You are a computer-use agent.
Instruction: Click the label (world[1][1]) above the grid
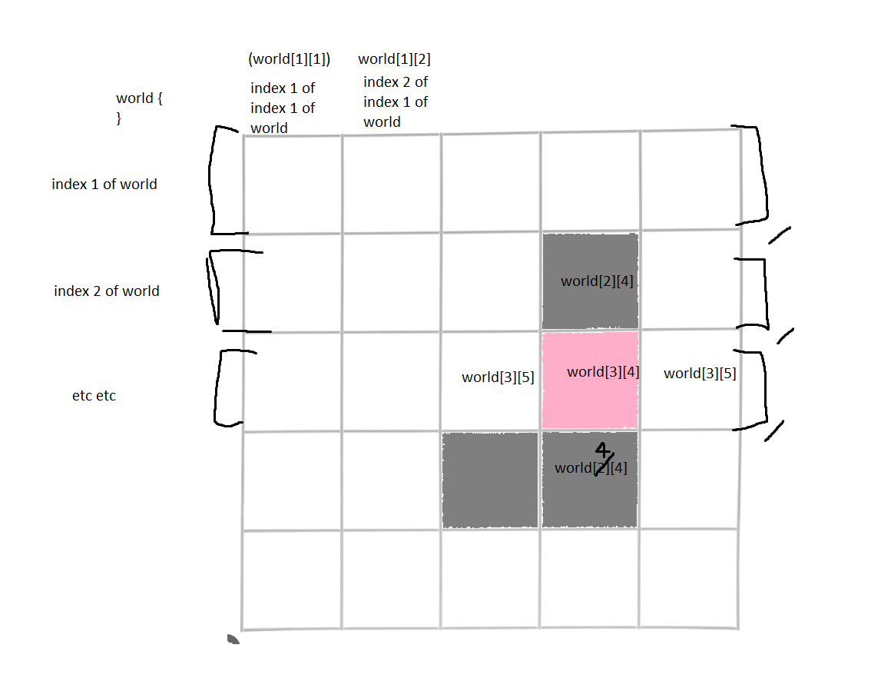click(x=289, y=60)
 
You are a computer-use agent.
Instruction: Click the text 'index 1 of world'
click(x=104, y=184)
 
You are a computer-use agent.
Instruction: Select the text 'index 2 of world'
click(x=107, y=291)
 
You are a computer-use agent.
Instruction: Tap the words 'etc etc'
click(x=94, y=397)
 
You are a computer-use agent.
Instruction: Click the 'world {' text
click(x=139, y=98)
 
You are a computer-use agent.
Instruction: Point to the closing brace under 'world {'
click(x=119, y=118)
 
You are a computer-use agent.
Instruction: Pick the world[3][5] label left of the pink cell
click(x=498, y=377)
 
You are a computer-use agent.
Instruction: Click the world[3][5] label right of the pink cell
click(x=700, y=374)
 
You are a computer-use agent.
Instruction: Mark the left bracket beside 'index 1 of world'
click(x=213, y=181)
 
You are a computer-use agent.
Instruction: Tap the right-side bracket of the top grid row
click(x=760, y=175)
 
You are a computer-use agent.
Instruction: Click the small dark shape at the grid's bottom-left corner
click(x=233, y=639)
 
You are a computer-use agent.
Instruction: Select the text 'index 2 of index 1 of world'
click(x=395, y=102)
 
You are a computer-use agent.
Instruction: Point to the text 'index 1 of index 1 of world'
click(x=282, y=108)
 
